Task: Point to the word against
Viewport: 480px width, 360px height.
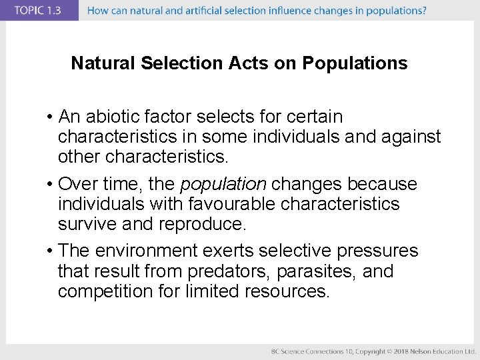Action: [411, 137]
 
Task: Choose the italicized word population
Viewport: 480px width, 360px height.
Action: [223, 184]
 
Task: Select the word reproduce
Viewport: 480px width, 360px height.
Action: [202, 224]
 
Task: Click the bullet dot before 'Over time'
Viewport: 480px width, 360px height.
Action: [50, 185]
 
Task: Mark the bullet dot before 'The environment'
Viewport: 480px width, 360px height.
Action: [50, 251]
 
